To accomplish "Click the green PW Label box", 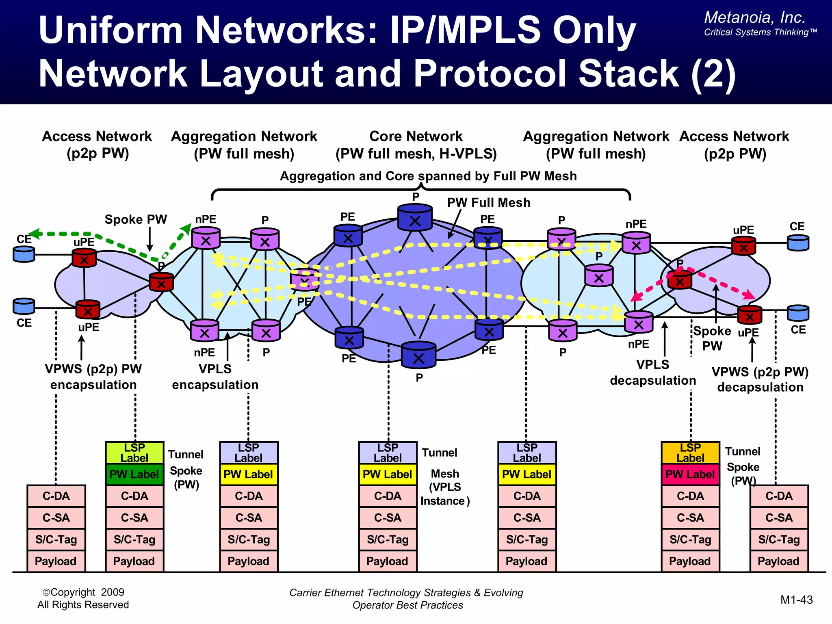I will point(134,474).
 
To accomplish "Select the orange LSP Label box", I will point(690,453).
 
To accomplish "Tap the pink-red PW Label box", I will point(690,474).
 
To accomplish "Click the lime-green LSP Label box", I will point(134,453).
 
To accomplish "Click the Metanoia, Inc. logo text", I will point(755,17).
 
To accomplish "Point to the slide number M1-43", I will point(796,600).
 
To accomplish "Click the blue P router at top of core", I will point(415,218).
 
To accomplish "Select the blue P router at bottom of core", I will point(418,355).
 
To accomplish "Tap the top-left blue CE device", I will point(24,254).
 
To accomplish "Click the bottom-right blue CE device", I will point(798,313).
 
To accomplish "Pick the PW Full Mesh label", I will point(489,202).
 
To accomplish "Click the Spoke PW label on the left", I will point(136,219).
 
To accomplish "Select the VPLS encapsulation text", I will point(215,377).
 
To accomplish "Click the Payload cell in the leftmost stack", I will point(56,561).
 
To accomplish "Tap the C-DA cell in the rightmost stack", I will point(779,496).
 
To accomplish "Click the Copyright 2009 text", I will point(83,592).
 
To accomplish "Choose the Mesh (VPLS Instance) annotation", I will point(445,487).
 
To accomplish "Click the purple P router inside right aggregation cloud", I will point(599,276).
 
